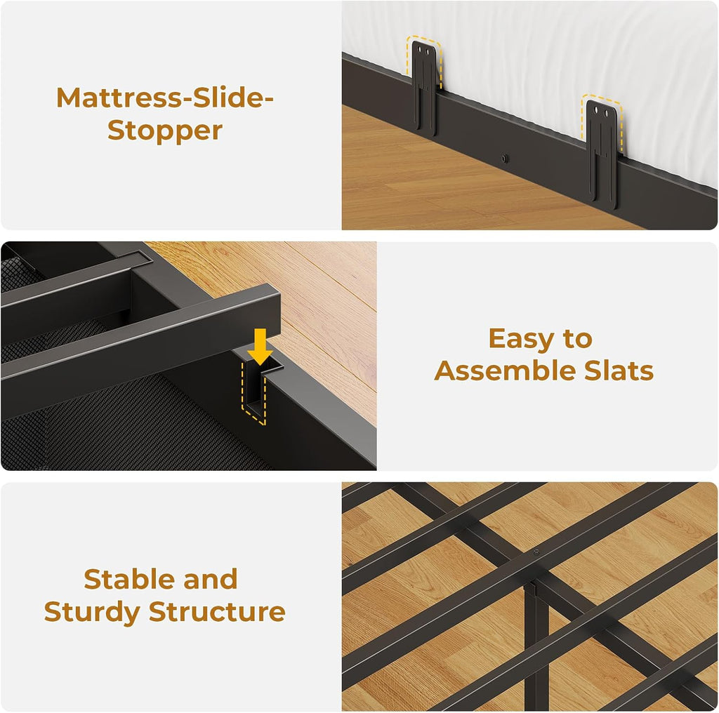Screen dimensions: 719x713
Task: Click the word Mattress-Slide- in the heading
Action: click(x=164, y=98)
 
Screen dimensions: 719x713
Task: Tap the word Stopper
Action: click(x=165, y=131)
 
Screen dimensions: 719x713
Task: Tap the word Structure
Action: click(x=218, y=612)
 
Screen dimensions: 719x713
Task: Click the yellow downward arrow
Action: click(x=260, y=347)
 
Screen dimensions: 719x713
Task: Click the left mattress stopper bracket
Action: click(x=425, y=87)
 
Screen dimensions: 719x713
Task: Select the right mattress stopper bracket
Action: click(x=602, y=154)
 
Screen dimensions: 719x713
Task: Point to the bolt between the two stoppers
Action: click(x=504, y=159)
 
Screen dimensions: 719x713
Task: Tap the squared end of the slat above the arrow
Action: click(x=270, y=312)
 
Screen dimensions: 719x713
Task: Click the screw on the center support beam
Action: click(x=536, y=552)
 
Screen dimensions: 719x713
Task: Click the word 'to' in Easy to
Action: click(x=578, y=339)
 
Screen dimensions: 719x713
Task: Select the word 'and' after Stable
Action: click(x=211, y=579)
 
